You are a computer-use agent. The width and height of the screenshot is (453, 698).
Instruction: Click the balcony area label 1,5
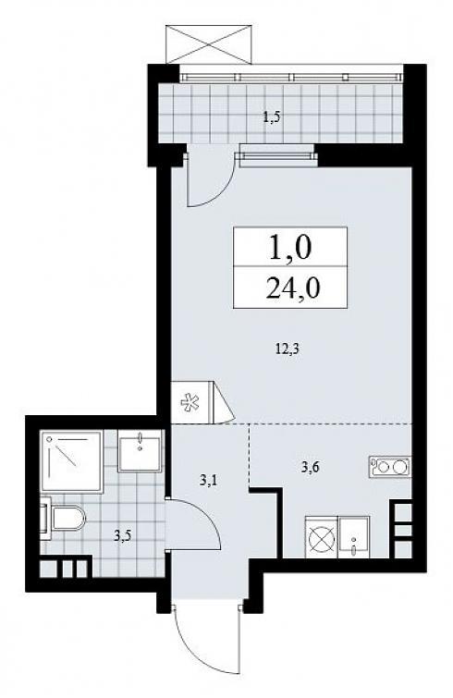274,118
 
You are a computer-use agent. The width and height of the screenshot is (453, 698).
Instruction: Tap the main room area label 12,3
287,349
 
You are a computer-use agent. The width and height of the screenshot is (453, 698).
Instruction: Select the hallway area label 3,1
208,480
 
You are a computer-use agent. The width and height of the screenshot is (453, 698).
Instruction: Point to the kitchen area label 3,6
310,467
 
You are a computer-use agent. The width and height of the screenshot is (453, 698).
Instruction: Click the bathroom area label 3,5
122,535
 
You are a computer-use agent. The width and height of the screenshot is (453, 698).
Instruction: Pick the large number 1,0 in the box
289,248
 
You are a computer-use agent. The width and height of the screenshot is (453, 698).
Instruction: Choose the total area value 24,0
292,288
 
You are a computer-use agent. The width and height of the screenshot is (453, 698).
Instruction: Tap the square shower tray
71,461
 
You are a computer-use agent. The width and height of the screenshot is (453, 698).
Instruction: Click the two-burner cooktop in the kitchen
390,468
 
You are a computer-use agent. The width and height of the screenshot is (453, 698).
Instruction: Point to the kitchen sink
354,537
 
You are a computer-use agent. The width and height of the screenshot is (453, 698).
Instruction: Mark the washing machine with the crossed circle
322,537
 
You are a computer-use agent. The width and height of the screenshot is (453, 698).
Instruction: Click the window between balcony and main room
278,156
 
